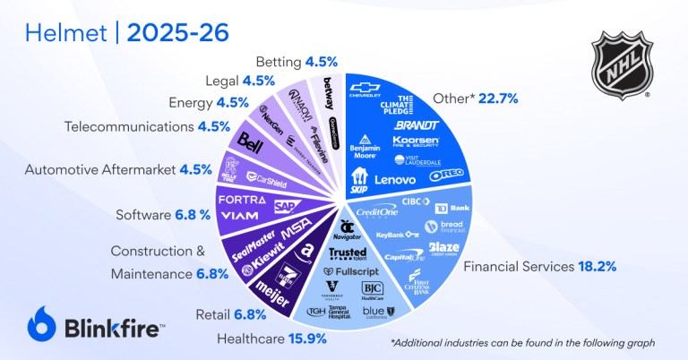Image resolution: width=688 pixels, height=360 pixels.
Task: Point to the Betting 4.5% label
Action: point(296,62)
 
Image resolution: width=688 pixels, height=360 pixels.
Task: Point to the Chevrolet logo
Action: point(365,90)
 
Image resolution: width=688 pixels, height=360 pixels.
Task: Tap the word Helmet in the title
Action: point(59,33)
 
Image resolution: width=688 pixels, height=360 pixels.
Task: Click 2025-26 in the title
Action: point(177,33)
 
